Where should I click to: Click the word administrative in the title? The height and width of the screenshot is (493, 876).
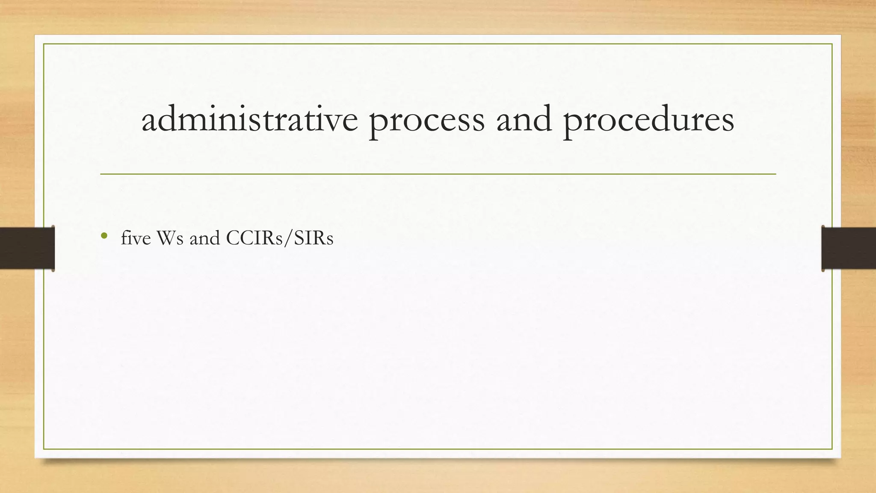[x=249, y=119]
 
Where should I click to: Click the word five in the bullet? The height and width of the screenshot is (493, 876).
[x=136, y=238]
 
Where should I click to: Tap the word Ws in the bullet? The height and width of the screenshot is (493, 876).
[x=170, y=238]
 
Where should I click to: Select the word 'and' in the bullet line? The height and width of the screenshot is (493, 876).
[x=204, y=238]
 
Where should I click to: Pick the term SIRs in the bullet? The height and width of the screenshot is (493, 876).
[x=314, y=238]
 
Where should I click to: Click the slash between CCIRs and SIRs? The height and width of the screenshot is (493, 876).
[x=287, y=238]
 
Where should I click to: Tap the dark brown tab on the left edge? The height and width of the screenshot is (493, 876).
[x=27, y=248]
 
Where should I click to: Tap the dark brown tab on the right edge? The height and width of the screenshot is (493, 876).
[x=849, y=248]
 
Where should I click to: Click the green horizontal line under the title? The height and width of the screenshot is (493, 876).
[x=438, y=174]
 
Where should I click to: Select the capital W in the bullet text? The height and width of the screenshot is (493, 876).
[x=166, y=238]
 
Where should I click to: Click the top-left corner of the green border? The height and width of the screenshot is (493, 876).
[x=44, y=44]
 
